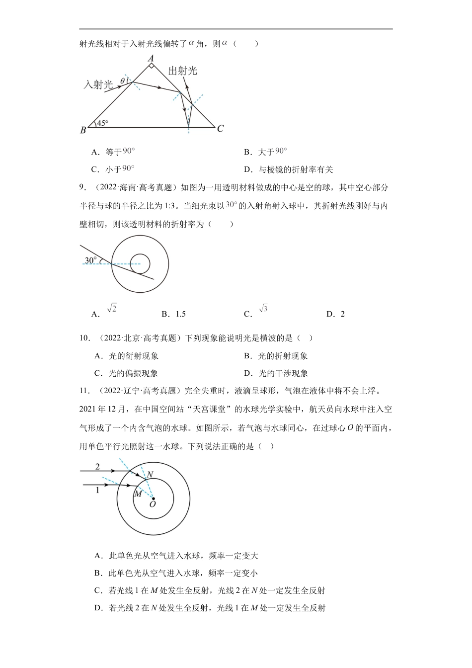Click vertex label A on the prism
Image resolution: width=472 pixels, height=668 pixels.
152,58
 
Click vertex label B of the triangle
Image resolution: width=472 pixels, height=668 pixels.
83,130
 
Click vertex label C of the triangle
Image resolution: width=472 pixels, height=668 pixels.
220,128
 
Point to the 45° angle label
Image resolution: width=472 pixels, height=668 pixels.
102,123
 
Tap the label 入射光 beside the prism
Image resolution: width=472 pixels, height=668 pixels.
97,84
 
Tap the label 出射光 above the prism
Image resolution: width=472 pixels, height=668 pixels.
183,71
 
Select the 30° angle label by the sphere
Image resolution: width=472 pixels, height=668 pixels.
90,260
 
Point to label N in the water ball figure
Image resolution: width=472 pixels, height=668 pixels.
150,474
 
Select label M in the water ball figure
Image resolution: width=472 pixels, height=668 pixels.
138,494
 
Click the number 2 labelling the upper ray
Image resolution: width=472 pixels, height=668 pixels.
97,467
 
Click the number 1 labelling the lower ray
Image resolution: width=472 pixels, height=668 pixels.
97,490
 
